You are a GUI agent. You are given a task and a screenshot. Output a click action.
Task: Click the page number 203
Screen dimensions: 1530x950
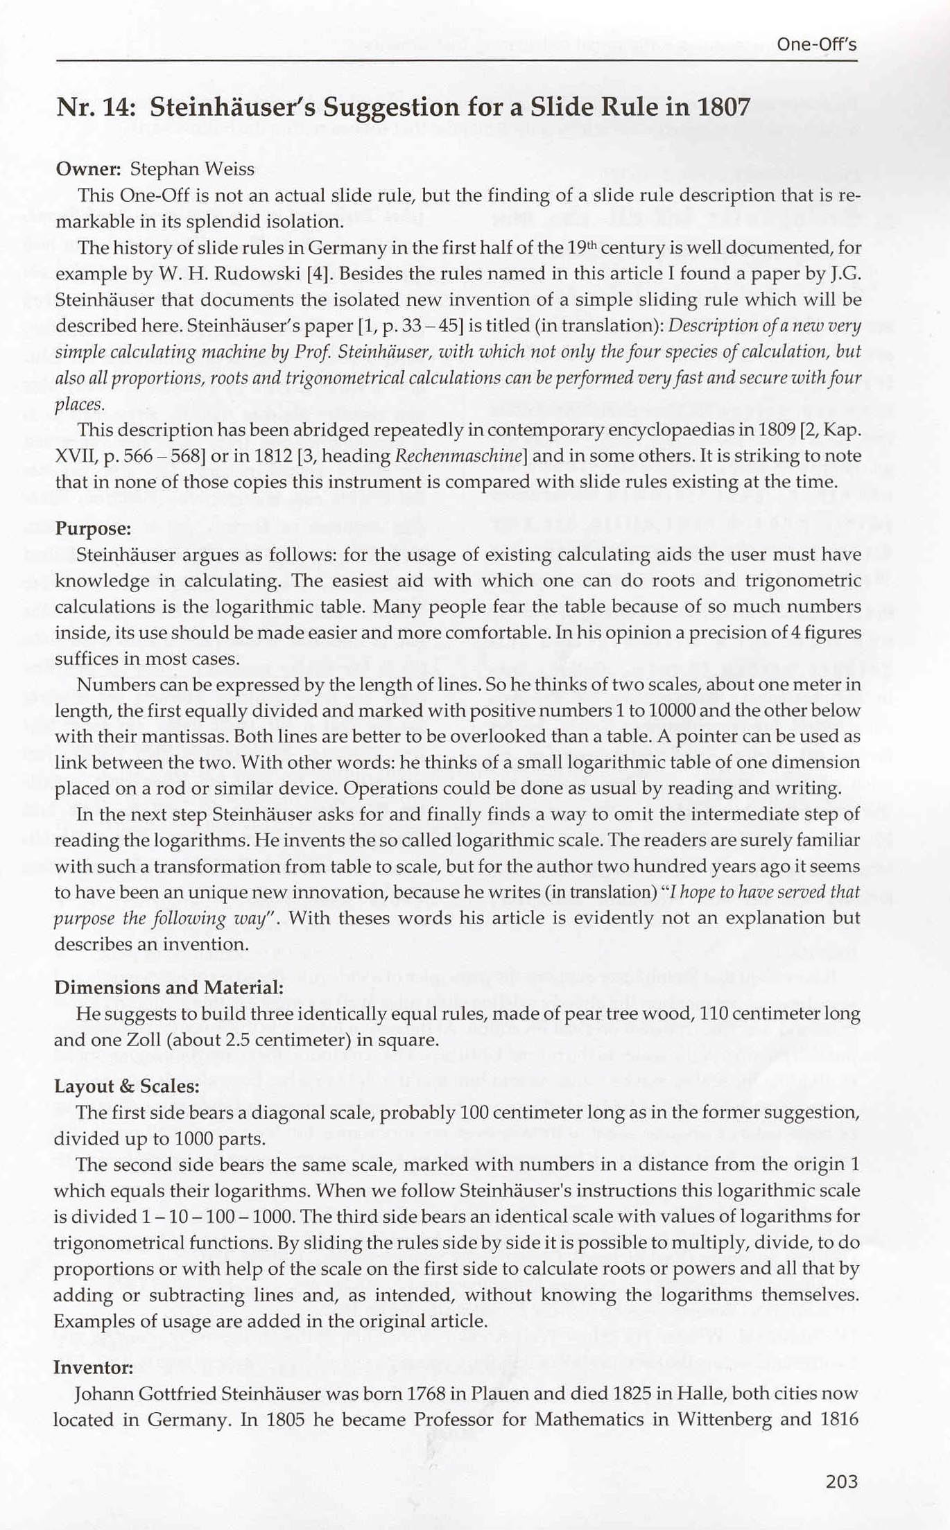[842, 1481]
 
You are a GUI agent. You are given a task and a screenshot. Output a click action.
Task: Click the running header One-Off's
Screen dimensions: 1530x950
[817, 45]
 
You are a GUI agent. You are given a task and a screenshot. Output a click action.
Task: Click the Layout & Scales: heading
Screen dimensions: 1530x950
[126, 1086]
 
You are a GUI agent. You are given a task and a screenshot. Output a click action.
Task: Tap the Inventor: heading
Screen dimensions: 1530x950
[93, 1367]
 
